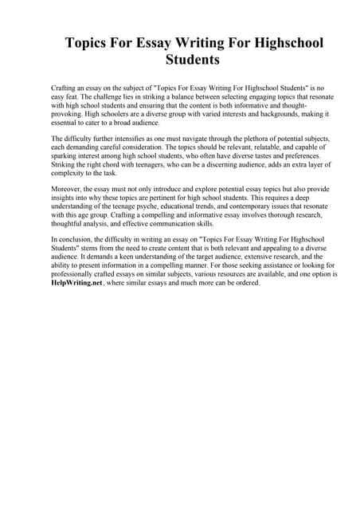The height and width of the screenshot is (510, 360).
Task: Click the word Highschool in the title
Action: (x=278, y=42)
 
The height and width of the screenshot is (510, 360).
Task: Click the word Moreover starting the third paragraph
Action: (x=68, y=190)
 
